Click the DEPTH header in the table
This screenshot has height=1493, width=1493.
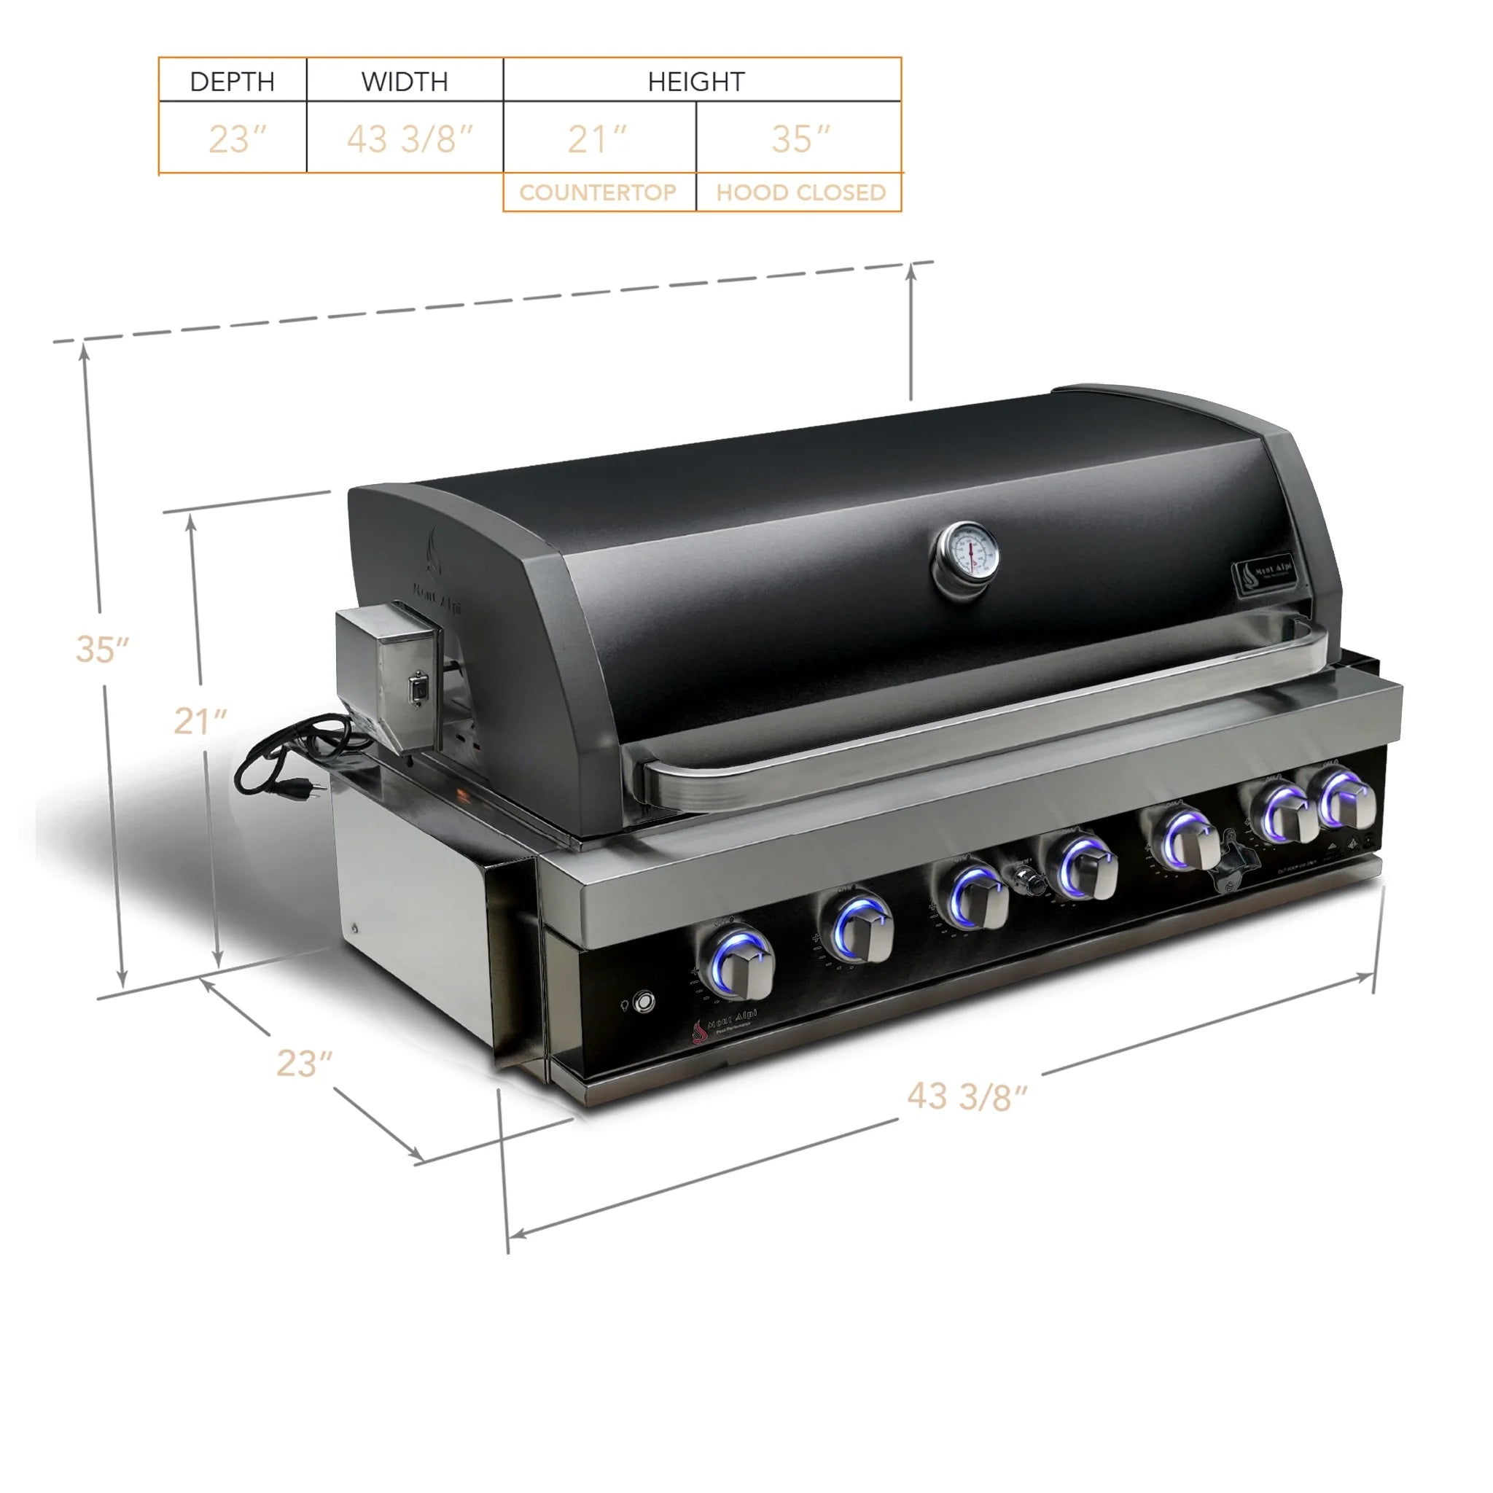click(232, 81)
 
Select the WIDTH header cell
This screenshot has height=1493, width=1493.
click(404, 81)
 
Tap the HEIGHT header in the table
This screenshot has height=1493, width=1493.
click(695, 81)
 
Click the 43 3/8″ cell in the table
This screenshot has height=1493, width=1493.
click(408, 140)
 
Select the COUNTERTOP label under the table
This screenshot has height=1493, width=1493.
click(597, 192)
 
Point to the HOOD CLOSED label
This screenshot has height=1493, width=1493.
click(800, 192)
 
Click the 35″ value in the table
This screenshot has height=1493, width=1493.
click(800, 140)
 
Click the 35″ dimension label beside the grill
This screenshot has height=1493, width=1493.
click(101, 649)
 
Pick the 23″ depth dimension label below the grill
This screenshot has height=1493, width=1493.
click(304, 1064)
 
